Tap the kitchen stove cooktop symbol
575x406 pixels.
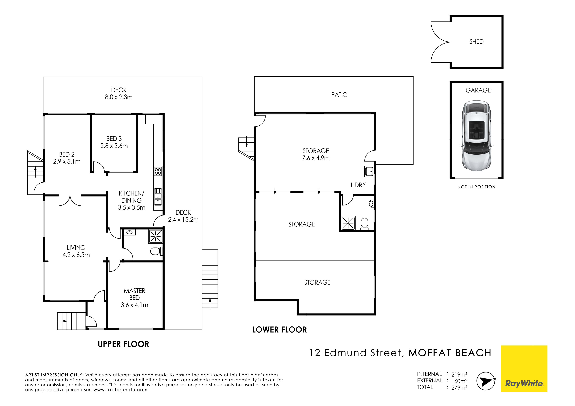158,171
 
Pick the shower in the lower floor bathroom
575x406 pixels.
348,223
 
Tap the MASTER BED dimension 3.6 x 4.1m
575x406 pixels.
134,305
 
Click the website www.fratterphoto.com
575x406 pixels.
120,390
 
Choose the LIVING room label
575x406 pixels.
76,248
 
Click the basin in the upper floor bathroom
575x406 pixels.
129,232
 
